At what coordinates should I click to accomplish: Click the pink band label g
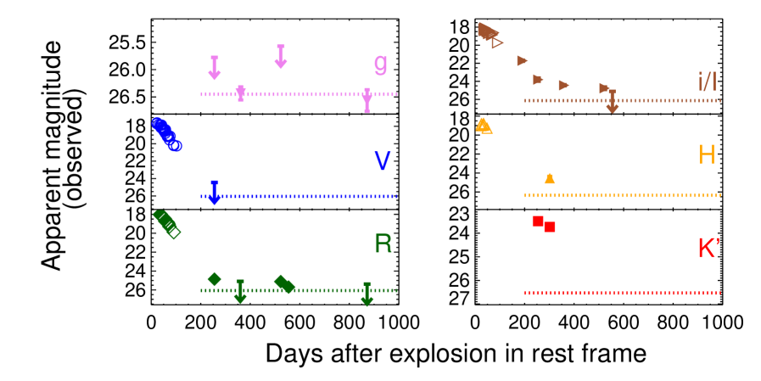point(381,64)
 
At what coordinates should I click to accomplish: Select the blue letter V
point(383,160)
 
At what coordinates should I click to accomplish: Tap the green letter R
point(383,244)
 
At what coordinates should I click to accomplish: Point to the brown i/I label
point(707,81)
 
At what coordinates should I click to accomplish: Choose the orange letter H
point(706,154)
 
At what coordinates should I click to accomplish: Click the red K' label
point(708,248)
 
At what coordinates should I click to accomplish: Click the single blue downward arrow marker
point(215,193)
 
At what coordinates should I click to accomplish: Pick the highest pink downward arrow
point(281,57)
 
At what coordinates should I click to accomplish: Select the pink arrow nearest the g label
point(367,100)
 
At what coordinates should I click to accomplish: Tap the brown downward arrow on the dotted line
point(612,102)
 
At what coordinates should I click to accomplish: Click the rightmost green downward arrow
point(367,294)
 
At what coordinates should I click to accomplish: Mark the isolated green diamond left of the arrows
point(215,279)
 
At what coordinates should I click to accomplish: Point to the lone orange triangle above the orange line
point(550,178)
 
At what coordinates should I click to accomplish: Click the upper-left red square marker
point(538,221)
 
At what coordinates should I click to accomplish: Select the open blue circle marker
point(176,145)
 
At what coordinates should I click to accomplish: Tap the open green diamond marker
point(173,231)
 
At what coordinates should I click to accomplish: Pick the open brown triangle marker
point(497,42)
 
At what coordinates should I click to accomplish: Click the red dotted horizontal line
point(622,293)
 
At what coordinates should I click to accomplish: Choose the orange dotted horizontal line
point(622,195)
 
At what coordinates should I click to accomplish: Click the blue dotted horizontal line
point(299,196)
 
